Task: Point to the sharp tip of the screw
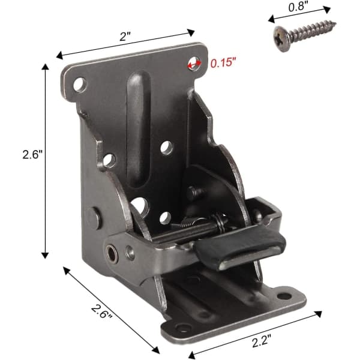335,23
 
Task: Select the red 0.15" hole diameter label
223,63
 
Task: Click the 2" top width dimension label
125,36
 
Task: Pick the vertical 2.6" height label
33,154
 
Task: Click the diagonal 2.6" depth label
101,311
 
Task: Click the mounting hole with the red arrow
194,64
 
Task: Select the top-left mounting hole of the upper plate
80,85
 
